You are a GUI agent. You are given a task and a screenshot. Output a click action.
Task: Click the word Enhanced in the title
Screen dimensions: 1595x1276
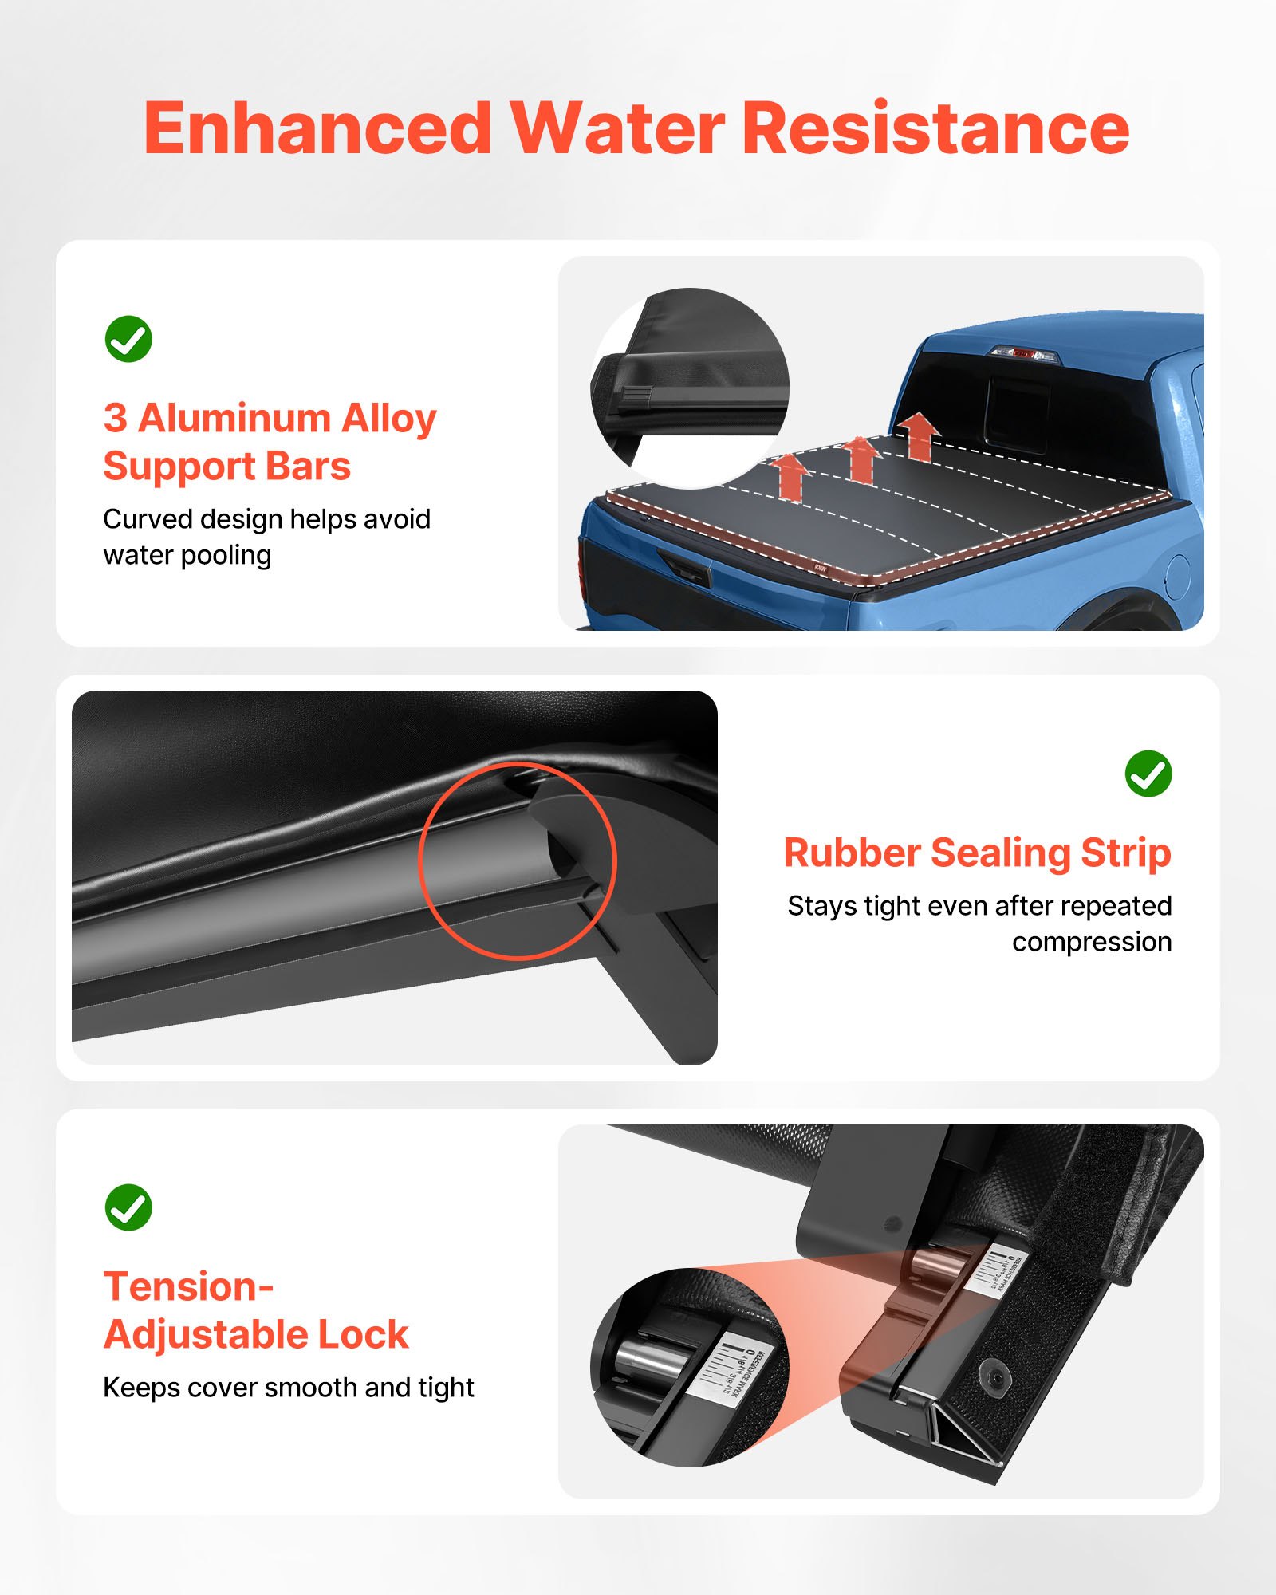(317, 129)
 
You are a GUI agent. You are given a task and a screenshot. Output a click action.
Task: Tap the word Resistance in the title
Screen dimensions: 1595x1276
(935, 129)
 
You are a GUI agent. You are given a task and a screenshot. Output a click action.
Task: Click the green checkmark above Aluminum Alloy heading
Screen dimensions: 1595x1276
(128, 339)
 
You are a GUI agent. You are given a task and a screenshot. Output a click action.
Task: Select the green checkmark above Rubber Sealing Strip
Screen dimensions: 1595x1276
(1148, 774)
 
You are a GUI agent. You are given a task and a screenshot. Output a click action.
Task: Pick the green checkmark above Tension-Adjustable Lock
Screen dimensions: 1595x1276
(128, 1207)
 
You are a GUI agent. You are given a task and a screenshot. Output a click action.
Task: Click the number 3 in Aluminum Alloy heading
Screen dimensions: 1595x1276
(115, 418)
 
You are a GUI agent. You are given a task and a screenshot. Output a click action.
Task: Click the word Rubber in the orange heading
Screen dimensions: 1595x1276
(852, 853)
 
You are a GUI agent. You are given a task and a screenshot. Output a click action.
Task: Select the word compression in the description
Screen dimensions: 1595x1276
(1092, 942)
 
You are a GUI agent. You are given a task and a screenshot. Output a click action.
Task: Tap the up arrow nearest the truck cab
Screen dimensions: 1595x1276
(920, 435)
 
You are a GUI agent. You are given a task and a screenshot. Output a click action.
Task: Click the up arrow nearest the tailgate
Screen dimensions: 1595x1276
(791, 476)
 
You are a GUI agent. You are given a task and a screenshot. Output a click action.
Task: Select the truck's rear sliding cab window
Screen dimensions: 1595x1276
(1017, 408)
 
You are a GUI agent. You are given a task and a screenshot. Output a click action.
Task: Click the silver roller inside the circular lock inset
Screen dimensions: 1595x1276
(648, 1357)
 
